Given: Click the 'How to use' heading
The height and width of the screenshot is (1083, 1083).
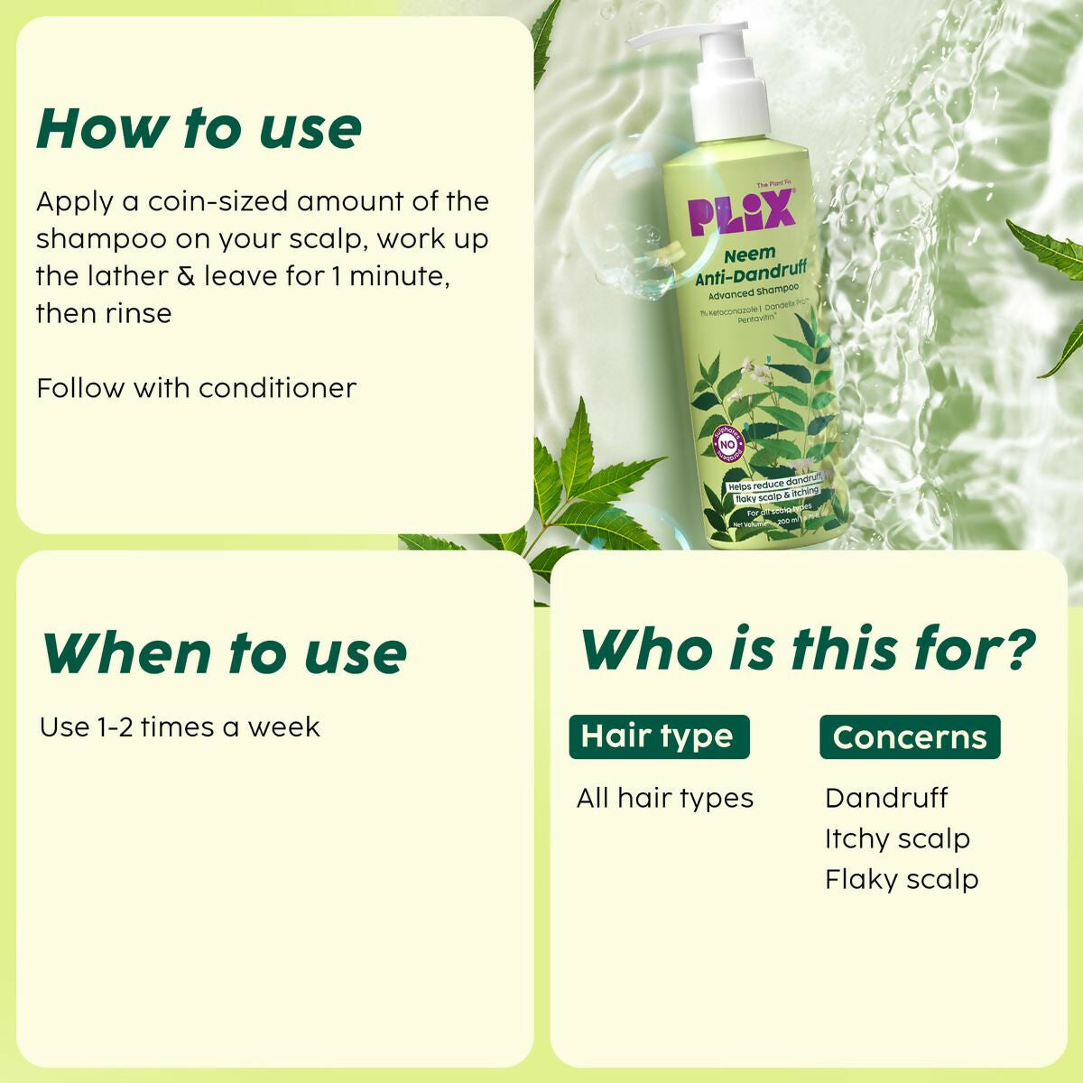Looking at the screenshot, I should (x=199, y=128).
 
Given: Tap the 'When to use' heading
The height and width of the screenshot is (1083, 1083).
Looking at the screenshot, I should (x=224, y=653).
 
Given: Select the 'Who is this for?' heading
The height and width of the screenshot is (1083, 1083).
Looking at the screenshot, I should (x=808, y=649).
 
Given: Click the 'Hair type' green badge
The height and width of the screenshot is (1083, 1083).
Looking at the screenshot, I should (x=658, y=736).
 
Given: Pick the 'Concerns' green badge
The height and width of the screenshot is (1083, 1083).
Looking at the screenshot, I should (x=910, y=737).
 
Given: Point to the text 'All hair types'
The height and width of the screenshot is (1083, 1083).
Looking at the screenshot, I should (x=665, y=799).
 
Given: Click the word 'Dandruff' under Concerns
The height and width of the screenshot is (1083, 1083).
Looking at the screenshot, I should (x=886, y=798).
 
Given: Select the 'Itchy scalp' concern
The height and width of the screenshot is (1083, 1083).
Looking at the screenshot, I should (x=897, y=838).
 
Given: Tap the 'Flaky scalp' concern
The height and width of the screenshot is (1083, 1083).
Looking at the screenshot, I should (x=902, y=879).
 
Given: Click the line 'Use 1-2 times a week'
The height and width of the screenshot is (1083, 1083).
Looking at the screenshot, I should (x=180, y=727).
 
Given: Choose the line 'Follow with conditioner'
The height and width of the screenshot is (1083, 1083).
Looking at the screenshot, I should (x=196, y=388).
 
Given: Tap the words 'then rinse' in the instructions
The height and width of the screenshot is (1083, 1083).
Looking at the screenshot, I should (x=104, y=313).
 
